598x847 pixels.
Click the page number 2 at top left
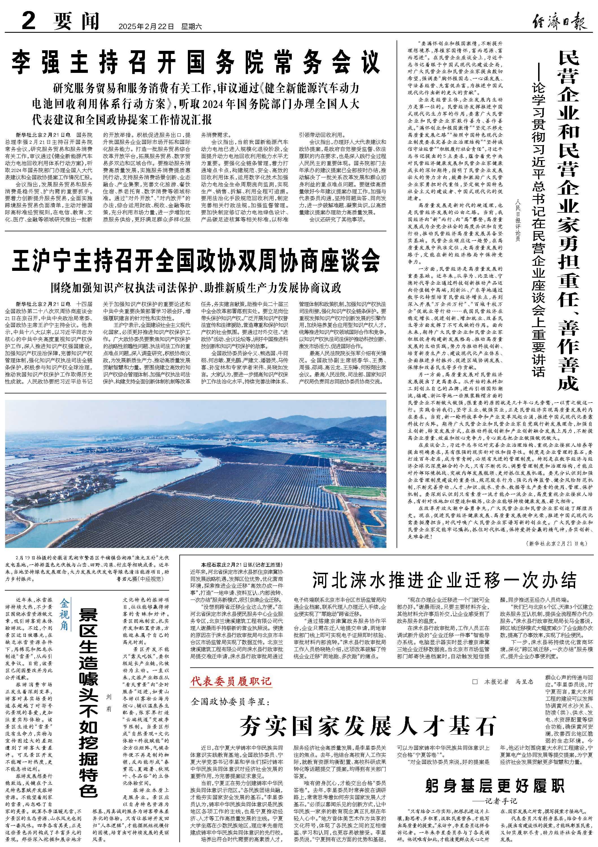(x=28, y=21)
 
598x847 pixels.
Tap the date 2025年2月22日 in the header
(x=146, y=27)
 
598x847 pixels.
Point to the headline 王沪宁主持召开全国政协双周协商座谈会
(x=195, y=260)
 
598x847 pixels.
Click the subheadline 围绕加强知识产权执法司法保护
(x=196, y=288)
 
